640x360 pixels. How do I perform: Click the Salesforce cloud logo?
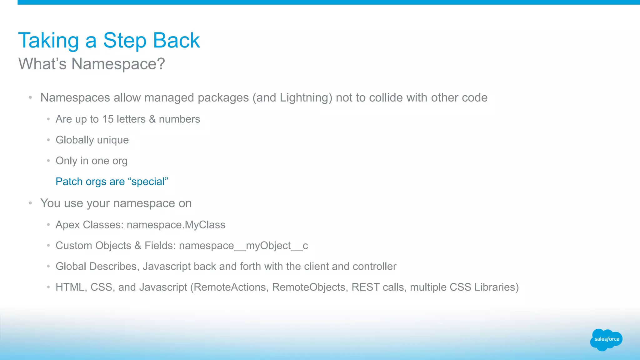tap(606, 339)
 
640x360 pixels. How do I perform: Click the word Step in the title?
tap(125, 41)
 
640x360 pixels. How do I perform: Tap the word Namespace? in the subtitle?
tap(118, 64)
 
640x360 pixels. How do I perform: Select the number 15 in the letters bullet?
tap(108, 119)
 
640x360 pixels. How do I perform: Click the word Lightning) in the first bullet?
tap(306, 98)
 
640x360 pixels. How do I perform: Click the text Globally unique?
tap(92, 140)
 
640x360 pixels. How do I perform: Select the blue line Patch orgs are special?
tap(112, 182)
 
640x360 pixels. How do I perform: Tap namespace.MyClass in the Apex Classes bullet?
tap(176, 225)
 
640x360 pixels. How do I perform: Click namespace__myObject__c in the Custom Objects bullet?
tap(243, 246)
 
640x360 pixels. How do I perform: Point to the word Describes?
tap(114, 267)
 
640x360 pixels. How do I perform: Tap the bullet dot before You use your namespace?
tap(30, 203)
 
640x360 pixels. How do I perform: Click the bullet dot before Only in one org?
tap(48, 161)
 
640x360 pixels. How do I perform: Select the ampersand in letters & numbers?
tap(152, 119)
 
